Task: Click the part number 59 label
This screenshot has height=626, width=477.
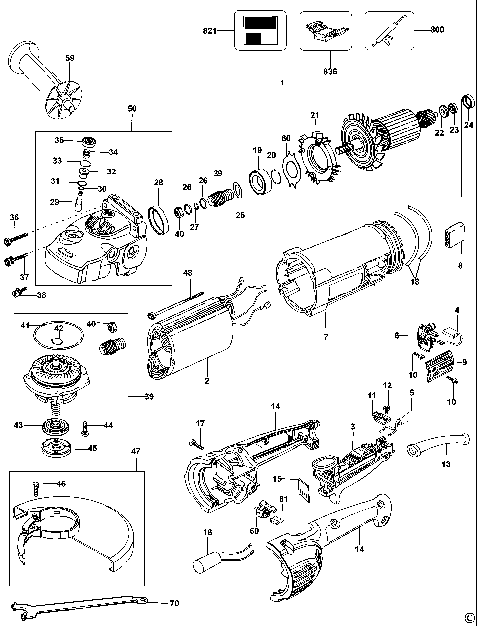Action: pos(70,58)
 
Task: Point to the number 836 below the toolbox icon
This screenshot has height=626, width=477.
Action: pos(330,71)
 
